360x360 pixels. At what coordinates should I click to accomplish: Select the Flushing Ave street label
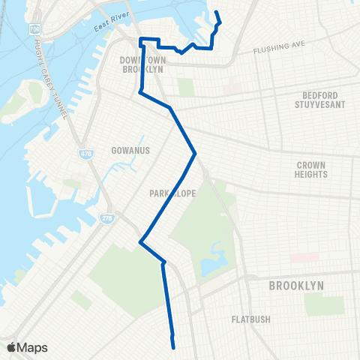[x=280, y=46]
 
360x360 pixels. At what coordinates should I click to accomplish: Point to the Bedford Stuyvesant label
[x=322, y=100]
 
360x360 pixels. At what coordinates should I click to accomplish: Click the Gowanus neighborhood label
[x=131, y=150]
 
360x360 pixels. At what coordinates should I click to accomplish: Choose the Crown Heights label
[x=312, y=169]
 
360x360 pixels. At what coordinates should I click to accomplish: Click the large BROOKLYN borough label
[x=296, y=286]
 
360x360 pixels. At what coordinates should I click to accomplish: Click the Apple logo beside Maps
[x=11, y=347]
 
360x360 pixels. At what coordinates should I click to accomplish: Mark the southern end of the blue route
[x=173, y=347]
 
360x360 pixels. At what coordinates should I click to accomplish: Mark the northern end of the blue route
[x=217, y=13]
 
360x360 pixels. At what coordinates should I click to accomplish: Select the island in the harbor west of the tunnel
[x=30, y=94]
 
